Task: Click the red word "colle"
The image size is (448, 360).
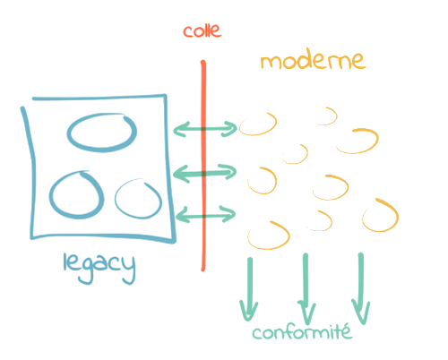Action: pos(202,30)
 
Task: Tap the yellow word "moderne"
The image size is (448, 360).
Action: pos(313,60)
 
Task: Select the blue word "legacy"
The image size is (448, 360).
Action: pos(99,268)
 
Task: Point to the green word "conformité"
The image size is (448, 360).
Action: pos(302,332)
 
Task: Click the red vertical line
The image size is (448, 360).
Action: pos(203,166)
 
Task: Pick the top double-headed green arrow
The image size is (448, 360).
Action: pos(205,129)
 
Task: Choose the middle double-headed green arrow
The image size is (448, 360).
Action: pos(205,173)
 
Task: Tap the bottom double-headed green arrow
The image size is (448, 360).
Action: pos(205,215)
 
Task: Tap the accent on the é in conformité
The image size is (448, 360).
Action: pos(347,325)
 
